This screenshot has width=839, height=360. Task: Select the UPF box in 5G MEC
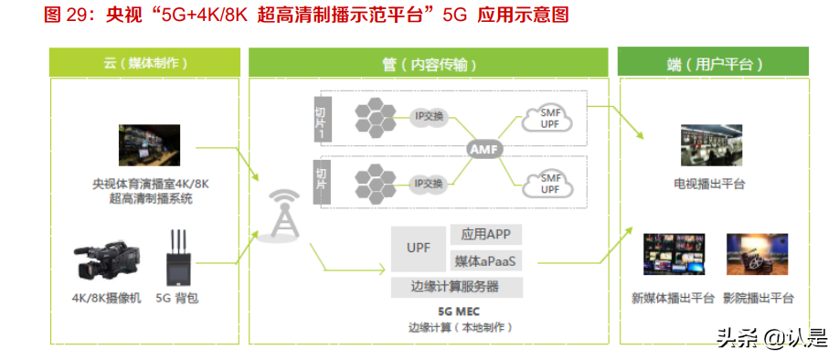click(x=419, y=248)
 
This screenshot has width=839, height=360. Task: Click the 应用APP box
click(x=486, y=235)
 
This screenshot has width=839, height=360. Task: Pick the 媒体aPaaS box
click(x=486, y=261)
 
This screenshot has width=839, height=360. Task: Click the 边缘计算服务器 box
click(x=457, y=287)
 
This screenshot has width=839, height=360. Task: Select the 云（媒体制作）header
click(x=145, y=64)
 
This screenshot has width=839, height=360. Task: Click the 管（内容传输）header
click(x=429, y=64)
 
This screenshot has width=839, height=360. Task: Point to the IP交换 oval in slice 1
click(x=429, y=116)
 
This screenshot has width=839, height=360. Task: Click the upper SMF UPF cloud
click(x=549, y=118)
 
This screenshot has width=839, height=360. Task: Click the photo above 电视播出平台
click(x=709, y=145)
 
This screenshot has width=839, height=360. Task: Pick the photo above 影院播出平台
click(x=757, y=255)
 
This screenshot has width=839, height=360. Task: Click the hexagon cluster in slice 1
click(x=373, y=115)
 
